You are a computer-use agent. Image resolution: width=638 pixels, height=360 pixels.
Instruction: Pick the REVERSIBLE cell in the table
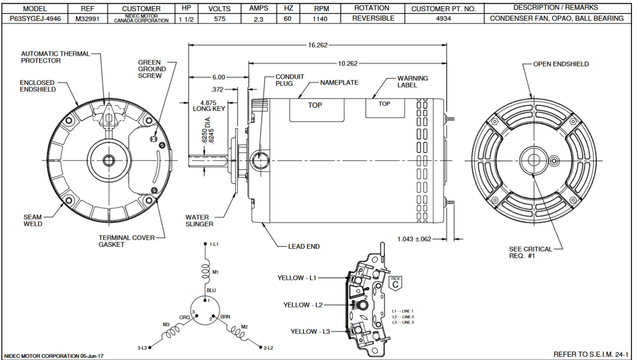[x=373, y=18]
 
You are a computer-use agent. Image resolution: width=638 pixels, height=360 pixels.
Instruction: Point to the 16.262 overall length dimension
[x=318, y=45]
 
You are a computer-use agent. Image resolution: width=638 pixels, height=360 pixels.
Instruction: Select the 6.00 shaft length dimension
[x=218, y=77]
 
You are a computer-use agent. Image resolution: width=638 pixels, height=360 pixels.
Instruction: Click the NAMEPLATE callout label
[x=339, y=83]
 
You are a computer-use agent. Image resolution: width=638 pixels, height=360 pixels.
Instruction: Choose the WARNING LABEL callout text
[x=412, y=82]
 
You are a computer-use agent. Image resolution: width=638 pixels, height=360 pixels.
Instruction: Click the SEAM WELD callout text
[x=33, y=220]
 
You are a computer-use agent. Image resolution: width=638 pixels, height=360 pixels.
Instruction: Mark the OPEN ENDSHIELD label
[x=561, y=64]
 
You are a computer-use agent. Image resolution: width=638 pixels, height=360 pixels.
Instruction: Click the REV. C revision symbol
[x=396, y=282]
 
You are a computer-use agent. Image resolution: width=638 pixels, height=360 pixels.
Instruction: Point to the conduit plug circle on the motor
[x=259, y=161]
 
